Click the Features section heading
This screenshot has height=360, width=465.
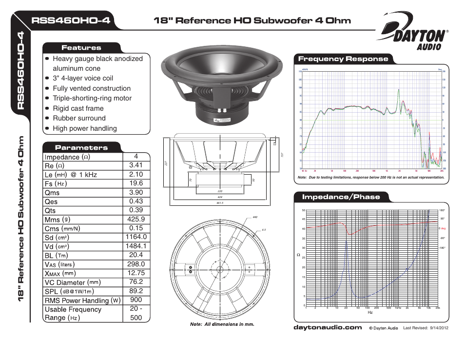coord(81,48)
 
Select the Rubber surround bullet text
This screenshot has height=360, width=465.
coord(79,118)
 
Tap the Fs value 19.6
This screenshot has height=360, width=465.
coord(136,183)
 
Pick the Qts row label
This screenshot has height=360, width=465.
coord(50,211)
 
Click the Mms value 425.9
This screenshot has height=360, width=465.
coord(136,220)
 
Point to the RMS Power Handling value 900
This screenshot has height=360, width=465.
coord(136,300)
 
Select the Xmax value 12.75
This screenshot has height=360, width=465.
coord(136,273)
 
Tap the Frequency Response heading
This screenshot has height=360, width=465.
coord(343,59)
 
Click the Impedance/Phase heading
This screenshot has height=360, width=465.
coord(340,197)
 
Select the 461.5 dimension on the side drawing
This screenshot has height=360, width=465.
coord(219,203)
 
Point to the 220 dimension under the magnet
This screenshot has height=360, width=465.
coord(219,191)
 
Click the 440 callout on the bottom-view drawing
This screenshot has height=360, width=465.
coord(254,217)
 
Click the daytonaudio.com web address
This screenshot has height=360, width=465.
coord(327,328)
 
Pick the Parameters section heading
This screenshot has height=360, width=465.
coord(81,147)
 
